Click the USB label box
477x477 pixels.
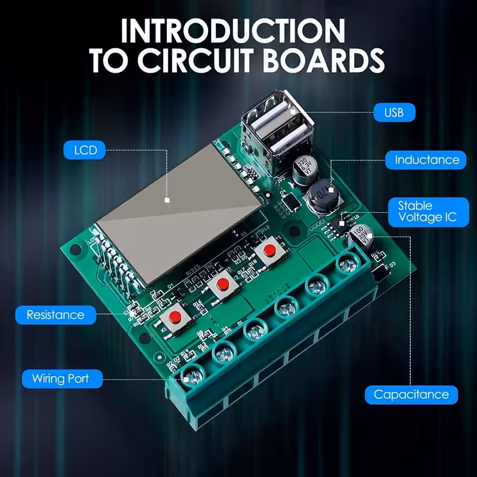394,111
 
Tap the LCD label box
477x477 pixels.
85,150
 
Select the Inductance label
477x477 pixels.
427,160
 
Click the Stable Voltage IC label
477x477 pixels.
428,212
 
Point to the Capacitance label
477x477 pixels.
411,394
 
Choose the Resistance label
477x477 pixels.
56,314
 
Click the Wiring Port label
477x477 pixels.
60,378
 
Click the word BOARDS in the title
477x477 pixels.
320,61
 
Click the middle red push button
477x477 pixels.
224,285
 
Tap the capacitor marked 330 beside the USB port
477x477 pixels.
305,166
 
